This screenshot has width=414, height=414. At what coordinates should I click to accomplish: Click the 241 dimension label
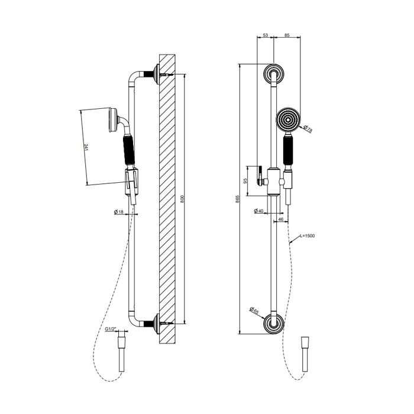[86, 148]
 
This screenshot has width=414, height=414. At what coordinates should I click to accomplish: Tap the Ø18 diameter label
[119, 212]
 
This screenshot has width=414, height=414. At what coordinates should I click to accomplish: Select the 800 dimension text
[182, 199]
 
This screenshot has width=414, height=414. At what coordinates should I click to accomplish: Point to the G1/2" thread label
[111, 329]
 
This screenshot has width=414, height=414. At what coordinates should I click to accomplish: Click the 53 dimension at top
[266, 35]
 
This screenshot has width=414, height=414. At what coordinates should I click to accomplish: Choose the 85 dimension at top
[287, 35]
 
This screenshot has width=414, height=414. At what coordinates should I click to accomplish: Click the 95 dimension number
[245, 181]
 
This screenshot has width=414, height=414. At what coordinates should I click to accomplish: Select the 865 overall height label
[237, 199]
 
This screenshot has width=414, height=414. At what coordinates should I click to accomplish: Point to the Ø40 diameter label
[259, 211]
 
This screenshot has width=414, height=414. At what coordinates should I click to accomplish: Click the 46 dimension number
[281, 219]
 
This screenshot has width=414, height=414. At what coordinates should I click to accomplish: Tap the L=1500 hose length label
[308, 236]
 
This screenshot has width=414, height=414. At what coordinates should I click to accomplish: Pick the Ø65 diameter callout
[254, 310]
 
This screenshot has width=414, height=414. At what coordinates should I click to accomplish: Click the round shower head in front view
[288, 119]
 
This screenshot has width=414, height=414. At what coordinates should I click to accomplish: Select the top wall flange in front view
[274, 73]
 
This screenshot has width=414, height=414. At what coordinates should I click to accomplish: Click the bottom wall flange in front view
[274, 324]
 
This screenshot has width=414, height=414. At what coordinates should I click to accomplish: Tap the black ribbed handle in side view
[129, 150]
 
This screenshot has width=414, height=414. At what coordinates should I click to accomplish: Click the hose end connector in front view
[305, 354]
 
